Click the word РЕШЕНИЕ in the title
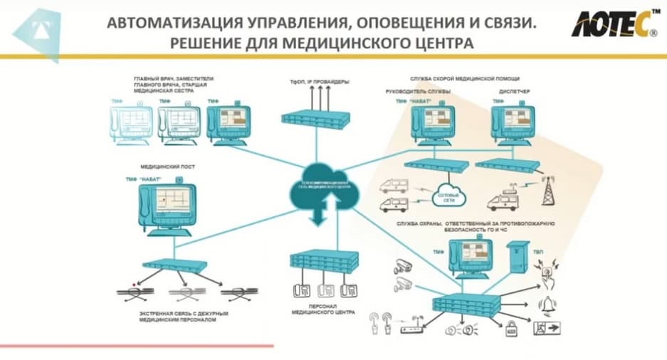coord(205,44)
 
